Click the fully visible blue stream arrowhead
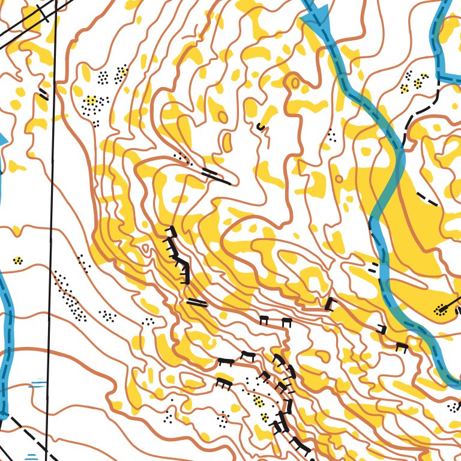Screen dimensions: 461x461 coord(312,21)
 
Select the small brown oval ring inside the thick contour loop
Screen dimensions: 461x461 coord(294,81)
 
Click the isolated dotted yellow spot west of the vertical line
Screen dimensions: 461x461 coord(18,261)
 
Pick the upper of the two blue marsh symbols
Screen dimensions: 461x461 coord(38,384)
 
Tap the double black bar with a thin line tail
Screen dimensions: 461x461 coord(215,176)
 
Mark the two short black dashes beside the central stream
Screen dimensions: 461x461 coord(373,267)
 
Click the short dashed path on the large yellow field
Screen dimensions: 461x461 coord(427,199)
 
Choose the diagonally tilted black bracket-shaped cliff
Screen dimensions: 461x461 coord(328,304)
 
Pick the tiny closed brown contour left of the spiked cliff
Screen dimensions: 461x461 coord(145,248)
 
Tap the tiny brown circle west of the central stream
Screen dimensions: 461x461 coord(339,178)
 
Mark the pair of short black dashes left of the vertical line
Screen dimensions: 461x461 coord(43,94)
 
